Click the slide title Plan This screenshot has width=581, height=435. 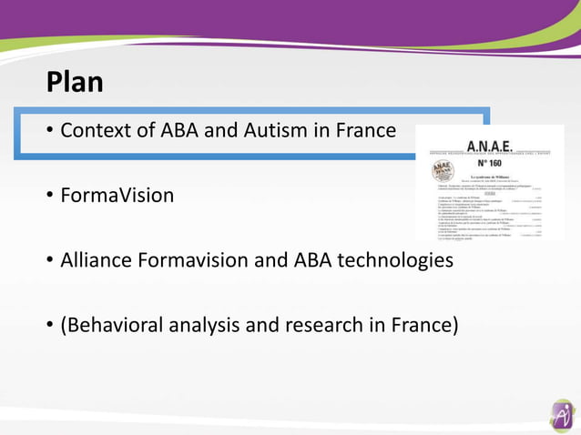pyautogui.click(x=75, y=83)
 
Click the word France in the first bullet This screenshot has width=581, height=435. pyautogui.click(x=365, y=131)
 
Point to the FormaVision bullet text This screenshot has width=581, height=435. pyautogui.click(x=117, y=196)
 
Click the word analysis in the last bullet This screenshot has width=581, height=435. pyautogui.click(x=207, y=325)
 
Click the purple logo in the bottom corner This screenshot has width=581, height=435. pyautogui.click(x=562, y=416)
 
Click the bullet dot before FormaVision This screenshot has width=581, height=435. pyautogui.click(x=51, y=197)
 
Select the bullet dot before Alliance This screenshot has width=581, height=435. pyautogui.click(x=51, y=261)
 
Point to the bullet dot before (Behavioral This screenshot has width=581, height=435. pyautogui.click(x=51, y=326)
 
